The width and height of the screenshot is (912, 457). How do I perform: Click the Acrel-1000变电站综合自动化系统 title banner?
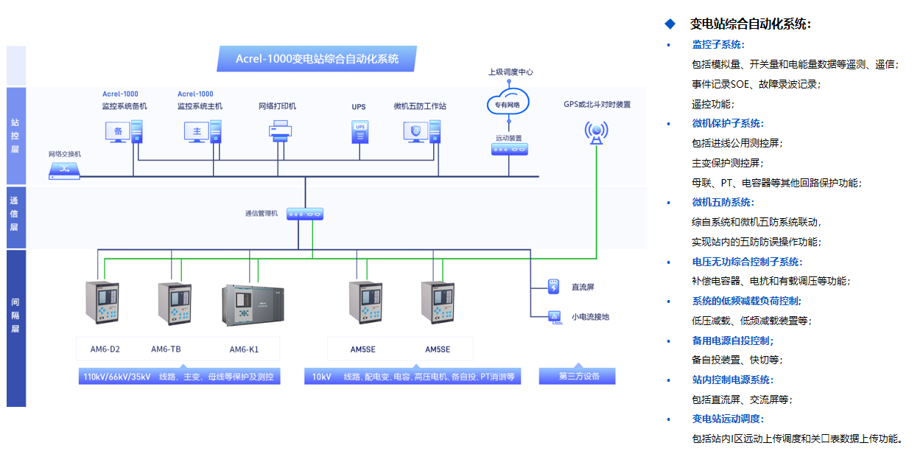coord(317,59)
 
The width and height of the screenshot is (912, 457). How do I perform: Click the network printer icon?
coord(281,132)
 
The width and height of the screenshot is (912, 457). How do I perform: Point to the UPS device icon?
coord(359,132)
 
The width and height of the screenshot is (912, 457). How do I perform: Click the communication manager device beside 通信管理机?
coord(305,214)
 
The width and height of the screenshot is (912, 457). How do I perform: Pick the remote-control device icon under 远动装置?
coord(509,150)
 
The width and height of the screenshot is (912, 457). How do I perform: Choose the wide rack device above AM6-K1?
coord(251,304)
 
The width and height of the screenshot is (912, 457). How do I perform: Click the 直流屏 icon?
coord(554,285)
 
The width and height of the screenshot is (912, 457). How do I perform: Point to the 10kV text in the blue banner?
coord(321,377)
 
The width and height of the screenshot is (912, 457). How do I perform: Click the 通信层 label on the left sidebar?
coord(15,213)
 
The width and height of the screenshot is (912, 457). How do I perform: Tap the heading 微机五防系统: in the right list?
coord(723,203)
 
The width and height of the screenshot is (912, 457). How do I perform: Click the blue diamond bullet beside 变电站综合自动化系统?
coord(670,24)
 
